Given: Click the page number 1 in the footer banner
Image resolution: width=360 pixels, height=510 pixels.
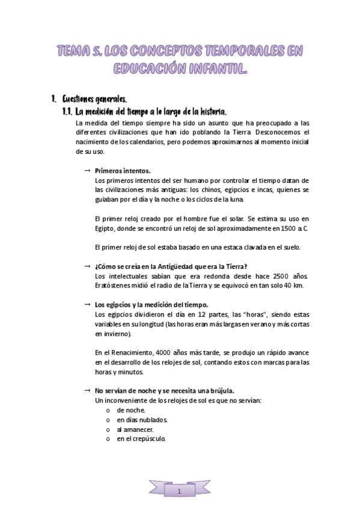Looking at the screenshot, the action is pos(179,492).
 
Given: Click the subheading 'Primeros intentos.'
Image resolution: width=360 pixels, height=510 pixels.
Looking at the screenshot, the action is pos(123,171).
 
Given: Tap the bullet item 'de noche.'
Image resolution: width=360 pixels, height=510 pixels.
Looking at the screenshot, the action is pos(131,410).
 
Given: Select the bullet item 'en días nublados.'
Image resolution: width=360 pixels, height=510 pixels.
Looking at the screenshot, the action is pos(142,420).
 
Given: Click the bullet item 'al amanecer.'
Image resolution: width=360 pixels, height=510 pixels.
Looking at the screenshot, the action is pos(135,429).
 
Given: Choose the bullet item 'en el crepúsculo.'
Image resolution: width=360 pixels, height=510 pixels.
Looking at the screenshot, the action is pos(141,439).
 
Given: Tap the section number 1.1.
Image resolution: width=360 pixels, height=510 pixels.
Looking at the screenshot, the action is pos(67,112).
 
